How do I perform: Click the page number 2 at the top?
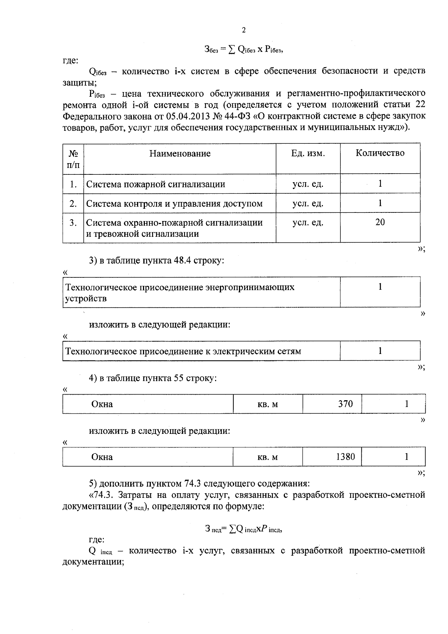point(244,30)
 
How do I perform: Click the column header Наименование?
point(180,153)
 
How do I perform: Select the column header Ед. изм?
point(308,153)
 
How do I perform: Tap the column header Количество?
point(380,153)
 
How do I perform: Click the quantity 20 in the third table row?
point(380,222)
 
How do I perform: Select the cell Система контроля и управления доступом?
point(174,203)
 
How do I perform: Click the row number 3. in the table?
point(73,223)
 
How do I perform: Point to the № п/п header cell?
point(73,159)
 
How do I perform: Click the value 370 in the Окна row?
point(345,404)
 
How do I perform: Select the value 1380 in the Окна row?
point(345,457)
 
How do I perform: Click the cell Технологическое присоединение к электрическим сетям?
point(183,351)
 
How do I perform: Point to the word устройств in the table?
point(86,299)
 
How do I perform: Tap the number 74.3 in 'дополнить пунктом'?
point(193,484)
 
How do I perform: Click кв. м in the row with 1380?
point(268,457)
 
